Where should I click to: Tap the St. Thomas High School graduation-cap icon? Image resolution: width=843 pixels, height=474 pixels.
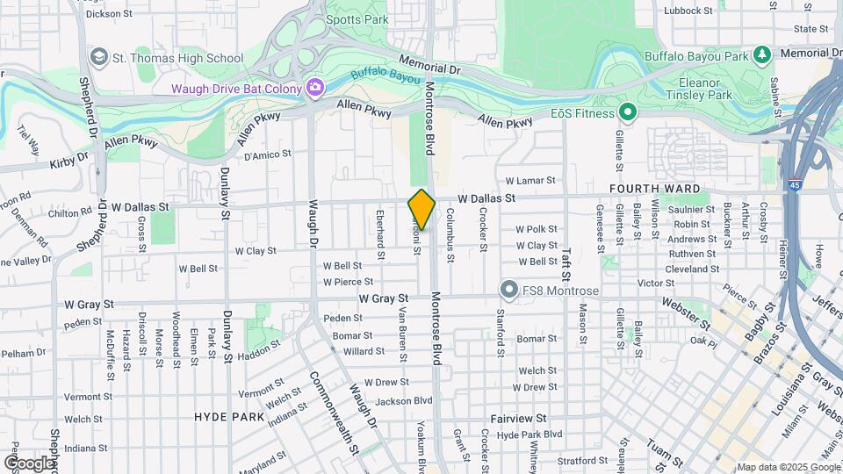coord(98,58)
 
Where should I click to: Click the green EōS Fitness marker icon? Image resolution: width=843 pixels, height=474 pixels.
coord(627,112)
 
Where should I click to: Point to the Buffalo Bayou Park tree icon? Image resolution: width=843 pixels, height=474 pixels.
coord(763,55)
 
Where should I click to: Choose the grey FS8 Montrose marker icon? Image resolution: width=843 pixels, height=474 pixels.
coord(508,290)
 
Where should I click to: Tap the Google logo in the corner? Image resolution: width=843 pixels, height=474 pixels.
coord(30,463)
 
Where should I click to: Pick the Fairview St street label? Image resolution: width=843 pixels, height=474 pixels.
coord(518,419)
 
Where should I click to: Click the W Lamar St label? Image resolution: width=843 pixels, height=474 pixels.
coord(530,180)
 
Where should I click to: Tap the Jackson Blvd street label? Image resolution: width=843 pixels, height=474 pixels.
coord(403,401)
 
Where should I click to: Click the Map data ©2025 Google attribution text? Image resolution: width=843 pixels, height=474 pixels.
coord(788,467)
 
